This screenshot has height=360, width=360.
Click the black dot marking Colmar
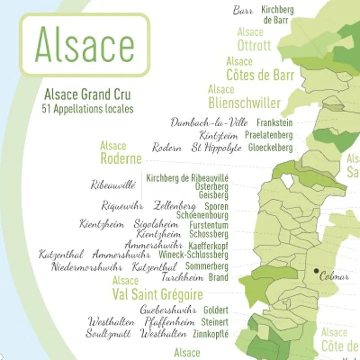pos(316,271)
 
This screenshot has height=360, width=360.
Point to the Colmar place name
pos(334,276)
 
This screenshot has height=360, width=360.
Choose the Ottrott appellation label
pos(254,46)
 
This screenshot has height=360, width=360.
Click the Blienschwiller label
pos(244,103)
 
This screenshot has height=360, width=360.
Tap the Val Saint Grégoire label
pos(158,293)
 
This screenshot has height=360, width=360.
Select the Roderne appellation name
pos(121,159)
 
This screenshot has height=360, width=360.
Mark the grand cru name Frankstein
pos(274,122)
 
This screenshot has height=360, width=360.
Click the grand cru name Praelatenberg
pos(268,135)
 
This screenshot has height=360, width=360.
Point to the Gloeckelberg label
pos(270,148)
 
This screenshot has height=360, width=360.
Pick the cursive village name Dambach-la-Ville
pos(209,122)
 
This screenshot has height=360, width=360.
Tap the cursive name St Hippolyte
pos(216,148)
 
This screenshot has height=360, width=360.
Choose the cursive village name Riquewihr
pos(122,206)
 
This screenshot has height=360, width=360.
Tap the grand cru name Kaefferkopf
pos(208,246)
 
